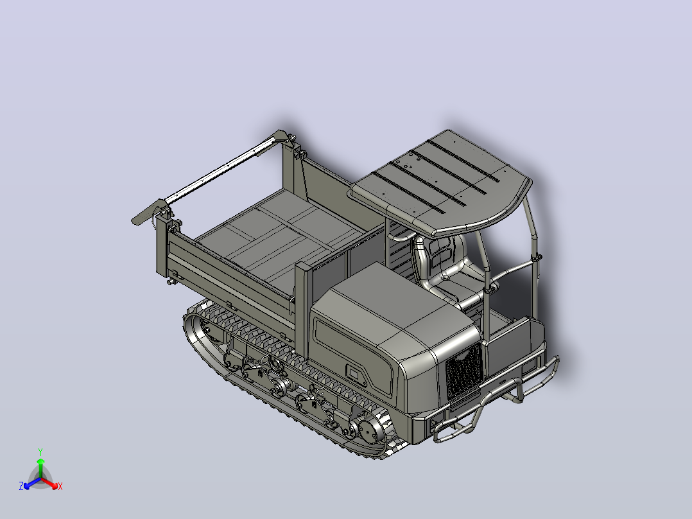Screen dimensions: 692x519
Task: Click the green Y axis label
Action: coord(40,452)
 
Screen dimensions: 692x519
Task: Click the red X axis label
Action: coord(60,486)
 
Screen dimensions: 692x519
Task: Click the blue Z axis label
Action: coord(21,486)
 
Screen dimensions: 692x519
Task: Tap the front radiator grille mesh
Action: coord(463,371)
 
